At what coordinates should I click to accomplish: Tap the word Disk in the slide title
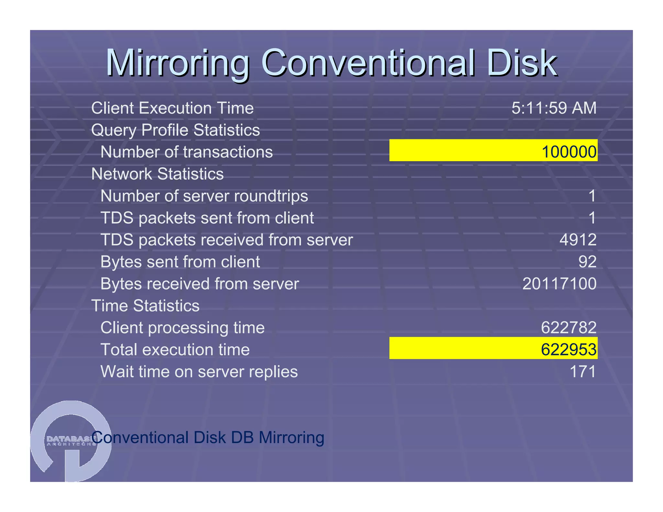tap(521, 63)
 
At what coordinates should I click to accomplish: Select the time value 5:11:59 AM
tap(554, 108)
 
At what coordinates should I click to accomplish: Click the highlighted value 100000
tap(569, 152)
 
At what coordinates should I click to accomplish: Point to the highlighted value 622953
tap(568, 350)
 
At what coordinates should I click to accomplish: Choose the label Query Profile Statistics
tap(175, 130)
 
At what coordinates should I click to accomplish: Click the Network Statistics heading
tap(157, 174)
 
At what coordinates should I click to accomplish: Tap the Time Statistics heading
tap(145, 306)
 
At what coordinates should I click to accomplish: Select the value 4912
tap(578, 240)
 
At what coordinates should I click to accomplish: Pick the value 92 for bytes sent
tap(587, 262)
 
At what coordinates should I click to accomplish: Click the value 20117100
tap(559, 284)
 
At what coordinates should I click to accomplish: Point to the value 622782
tap(568, 328)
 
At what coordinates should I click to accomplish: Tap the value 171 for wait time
tap(582, 372)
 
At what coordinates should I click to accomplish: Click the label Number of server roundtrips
tap(204, 196)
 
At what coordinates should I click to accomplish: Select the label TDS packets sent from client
tap(207, 218)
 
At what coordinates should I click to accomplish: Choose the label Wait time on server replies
tap(199, 372)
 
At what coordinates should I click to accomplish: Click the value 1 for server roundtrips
tap(592, 196)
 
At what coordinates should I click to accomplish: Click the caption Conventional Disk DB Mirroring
tap(208, 438)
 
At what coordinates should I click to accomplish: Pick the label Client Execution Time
tap(172, 108)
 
